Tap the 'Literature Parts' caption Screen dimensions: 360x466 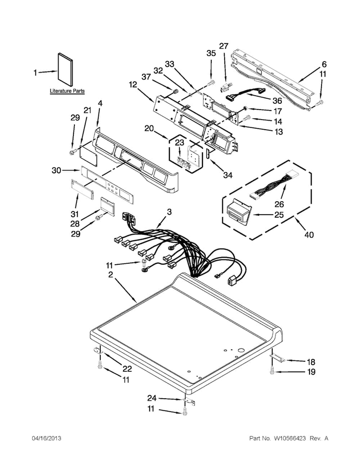[67, 91]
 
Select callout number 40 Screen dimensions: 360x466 [309, 235]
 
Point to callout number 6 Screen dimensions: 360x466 [324, 64]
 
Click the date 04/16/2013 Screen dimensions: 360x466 [47, 438]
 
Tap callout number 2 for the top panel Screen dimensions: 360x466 [110, 275]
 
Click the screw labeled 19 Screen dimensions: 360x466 [272, 370]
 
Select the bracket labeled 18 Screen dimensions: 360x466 [278, 359]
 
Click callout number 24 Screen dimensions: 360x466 [152, 398]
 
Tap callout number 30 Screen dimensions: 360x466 [56, 171]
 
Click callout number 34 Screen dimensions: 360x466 [228, 175]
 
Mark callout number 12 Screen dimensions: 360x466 [133, 85]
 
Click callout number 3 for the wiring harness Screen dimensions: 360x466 [169, 212]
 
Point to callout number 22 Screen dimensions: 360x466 [127, 368]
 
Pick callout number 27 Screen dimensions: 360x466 [224, 46]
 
